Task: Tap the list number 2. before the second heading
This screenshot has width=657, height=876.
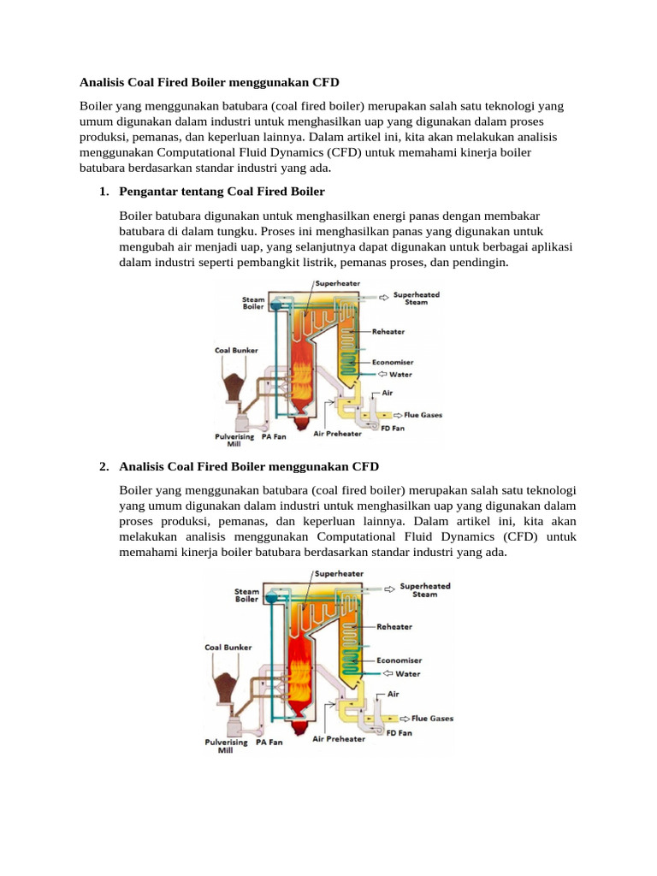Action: point(104,466)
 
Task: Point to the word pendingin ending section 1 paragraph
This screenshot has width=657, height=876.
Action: point(477,263)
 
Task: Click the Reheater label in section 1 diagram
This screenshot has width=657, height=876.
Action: point(388,331)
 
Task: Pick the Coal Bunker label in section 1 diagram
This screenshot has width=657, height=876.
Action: point(234,349)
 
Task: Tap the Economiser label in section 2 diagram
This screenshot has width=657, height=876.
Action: point(400,660)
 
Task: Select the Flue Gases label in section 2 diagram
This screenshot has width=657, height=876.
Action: point(432,718)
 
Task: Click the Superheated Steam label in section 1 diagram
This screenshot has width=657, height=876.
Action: point(416,297)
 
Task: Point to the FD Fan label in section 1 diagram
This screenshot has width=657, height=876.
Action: point(393,428)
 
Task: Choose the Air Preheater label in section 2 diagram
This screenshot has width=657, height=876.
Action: point(339,738)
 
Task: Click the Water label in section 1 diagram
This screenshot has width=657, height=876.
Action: point(400,373)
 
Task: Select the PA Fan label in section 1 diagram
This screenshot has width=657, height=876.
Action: point(273,435)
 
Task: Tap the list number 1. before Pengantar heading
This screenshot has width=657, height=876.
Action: point(104,191)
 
